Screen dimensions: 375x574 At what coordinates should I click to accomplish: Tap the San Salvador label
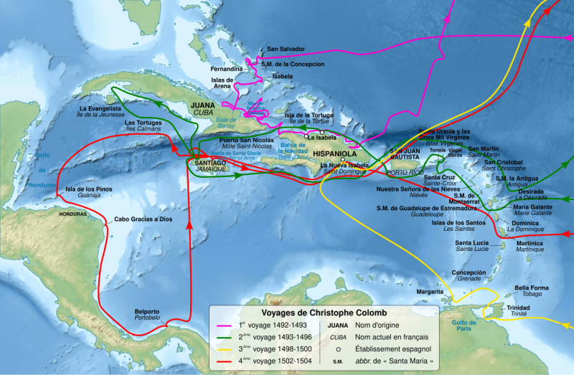pos(286,49)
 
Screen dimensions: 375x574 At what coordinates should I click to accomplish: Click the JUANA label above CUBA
pos(203,105)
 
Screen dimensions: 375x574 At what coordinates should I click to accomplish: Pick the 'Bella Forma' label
pos(532,288)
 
